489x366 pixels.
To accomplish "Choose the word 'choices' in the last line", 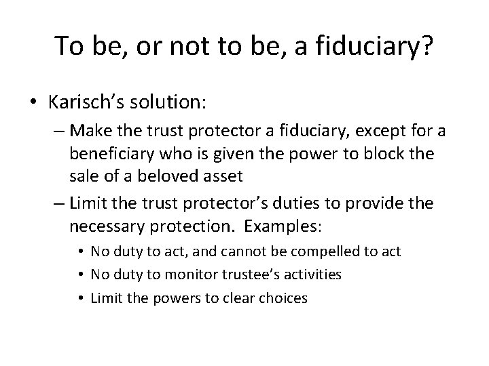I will [x=282, y=297].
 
